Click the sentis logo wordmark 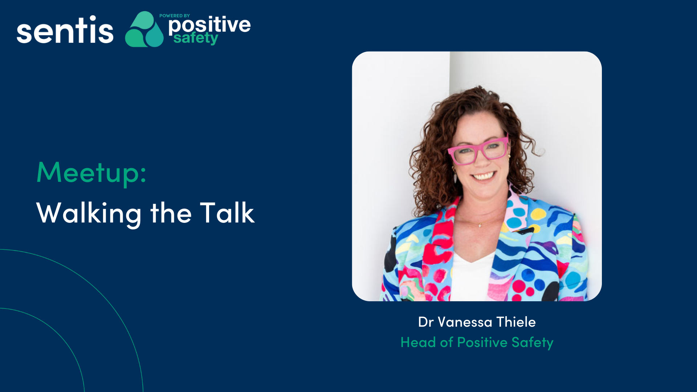[x=65, y=30]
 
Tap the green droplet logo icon [x=144, y=29]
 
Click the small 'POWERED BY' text [x=175, y=16]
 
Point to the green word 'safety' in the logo [x=196, y=38]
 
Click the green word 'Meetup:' [x=91, y=173]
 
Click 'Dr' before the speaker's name [x=426, y=322]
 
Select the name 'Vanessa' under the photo [x=465, y=322]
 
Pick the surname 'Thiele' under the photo [x=516, y=322]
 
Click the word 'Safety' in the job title [x=533, y=343]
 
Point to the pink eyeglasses [x=478, y=151]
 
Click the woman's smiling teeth [x=483, y=176]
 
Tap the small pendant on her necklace [x=480, y=225]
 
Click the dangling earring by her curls [x=455, y=177]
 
